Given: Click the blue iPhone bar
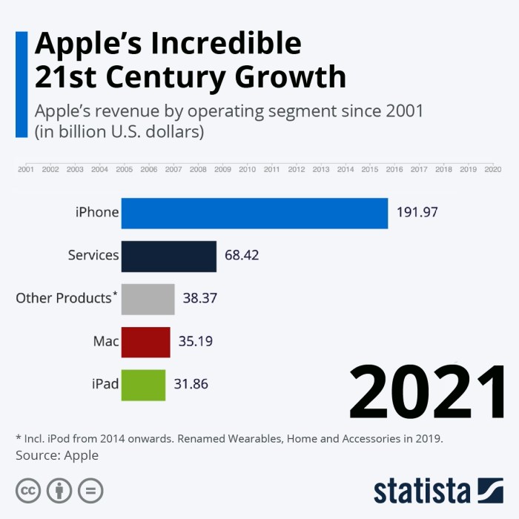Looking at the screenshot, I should (x=254, y=213).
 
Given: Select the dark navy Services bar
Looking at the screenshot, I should (x=168, y=256).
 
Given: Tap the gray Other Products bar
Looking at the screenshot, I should (x=148, y=299).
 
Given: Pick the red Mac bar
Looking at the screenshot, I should (x=145, y=342).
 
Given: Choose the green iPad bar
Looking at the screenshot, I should (x=143, y=385).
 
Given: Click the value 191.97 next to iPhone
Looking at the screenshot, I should (x=417, y=213).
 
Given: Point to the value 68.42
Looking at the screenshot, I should (x=241, y=256).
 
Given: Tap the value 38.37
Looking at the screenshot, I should (x=199, y=299).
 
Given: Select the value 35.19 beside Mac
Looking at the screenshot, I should (x=196, y=342).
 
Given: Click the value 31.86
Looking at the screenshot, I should (x=191, y=385).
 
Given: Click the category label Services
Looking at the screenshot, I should (x=93, y=255).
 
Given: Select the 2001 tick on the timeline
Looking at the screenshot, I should (x=26, y=169).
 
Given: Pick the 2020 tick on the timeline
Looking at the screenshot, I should (x=492, y=169).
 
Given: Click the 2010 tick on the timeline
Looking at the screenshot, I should (x=247, y=169).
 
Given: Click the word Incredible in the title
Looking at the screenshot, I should (x=226, y=44).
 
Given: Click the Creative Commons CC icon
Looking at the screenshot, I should (x=28, y=490).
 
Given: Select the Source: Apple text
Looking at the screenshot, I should (x=57, y=455).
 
